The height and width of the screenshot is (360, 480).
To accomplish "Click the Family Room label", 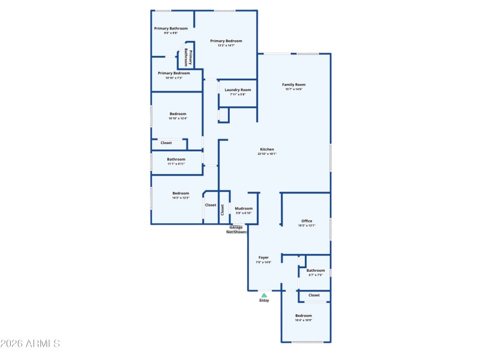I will tap(294, 85).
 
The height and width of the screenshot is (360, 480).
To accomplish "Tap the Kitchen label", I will tap(267, 149).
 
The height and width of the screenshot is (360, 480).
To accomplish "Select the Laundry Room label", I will tap(238, 91).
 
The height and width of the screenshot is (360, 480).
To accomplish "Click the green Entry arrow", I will tap(264, 295).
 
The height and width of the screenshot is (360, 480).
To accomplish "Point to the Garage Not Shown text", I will tap(236, 229).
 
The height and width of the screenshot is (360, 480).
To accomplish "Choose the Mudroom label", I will tap(244, 209).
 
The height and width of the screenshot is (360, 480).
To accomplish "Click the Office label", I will tap(307, 222).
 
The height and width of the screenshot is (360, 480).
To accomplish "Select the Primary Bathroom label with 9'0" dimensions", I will tap(170, 29).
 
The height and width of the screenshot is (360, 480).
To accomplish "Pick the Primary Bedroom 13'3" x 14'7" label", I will tap(226, 41).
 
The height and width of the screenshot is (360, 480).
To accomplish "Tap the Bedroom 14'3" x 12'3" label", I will tap(181, 194).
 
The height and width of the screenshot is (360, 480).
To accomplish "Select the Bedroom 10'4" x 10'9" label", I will tap(303, 316).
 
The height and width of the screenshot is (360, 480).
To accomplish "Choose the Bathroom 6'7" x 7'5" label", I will tap(316, 271).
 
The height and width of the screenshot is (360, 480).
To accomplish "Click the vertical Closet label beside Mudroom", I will tap(223, 209).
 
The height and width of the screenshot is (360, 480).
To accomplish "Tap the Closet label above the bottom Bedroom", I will tap(314, 295).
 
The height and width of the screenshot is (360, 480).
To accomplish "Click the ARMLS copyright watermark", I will tap(30, 344).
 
